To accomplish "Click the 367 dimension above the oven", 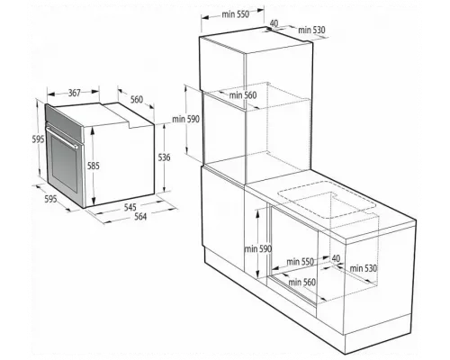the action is [75, 93].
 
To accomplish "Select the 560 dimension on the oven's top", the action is [137, 99].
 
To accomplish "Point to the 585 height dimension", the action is [94, 166].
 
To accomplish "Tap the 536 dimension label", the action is [164, 157].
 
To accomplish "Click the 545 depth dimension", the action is [130, 207].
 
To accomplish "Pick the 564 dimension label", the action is [140, 216].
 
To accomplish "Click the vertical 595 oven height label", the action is [39, 139].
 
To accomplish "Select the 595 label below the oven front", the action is [50, 199].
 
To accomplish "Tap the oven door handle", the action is [61, 137].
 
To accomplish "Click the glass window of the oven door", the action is [64, 165].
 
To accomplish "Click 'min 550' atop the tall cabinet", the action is [236, 14].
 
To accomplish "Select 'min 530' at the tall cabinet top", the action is [311, 30].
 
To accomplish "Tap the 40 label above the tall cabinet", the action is [274, 23].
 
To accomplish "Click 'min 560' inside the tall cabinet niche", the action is [243, 95].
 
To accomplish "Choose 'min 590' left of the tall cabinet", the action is [185, 119].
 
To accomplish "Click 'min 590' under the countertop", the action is [258, 248].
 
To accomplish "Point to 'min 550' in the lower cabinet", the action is [300, 262].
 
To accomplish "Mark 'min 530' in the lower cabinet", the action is [364, 268].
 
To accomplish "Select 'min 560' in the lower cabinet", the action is [302, 283].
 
